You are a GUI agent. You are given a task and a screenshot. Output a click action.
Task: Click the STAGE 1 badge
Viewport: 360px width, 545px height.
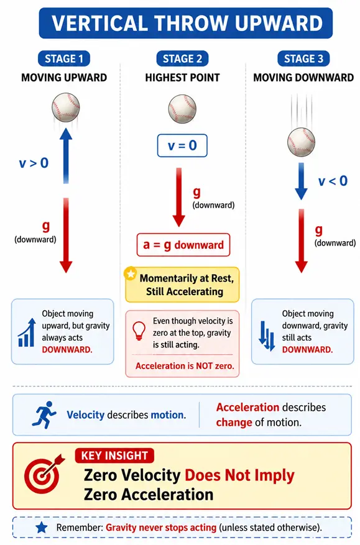(x=64, y=59)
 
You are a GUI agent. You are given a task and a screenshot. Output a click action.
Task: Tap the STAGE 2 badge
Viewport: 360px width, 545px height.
(x=182, y=59)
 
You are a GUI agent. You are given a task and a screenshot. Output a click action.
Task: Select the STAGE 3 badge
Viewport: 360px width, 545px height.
(x=303, y=59)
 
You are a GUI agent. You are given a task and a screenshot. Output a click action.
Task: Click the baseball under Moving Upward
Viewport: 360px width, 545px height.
(x=66, y=107)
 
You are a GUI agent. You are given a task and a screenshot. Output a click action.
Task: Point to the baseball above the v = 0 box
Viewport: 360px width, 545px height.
(x=182, y=109)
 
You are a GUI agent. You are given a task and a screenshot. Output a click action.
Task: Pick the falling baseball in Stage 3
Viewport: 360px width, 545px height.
(x=301, y=142)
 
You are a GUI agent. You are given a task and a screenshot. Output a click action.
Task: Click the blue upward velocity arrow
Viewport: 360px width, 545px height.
(x=66, y=155)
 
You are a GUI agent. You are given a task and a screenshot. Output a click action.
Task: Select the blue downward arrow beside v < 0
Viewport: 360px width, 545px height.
(x=301, y=181)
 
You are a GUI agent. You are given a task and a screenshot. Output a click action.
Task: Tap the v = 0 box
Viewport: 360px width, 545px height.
(x=182, y=145)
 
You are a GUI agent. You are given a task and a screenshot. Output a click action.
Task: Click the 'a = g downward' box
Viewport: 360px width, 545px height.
(x=183, y=245)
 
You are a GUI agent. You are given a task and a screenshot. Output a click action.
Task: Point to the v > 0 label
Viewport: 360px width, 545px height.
(x=34, y=163)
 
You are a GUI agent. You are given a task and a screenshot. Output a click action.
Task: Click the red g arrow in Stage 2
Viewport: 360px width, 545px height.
(x=179, y=197)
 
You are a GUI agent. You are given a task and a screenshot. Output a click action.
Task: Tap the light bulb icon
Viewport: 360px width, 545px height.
(x=139, y=331)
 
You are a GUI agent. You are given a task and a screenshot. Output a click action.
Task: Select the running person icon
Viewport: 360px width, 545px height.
(x=44, y=414)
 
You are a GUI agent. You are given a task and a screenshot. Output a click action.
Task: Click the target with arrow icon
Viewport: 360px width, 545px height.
(x=44, y=474)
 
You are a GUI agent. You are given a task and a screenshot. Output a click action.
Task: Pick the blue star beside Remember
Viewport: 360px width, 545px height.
(x=42, y=527)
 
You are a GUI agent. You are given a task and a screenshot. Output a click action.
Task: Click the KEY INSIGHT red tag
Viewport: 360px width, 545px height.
(x=114, y=456)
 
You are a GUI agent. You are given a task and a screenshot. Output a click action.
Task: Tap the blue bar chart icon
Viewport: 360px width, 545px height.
(x=27, y=332)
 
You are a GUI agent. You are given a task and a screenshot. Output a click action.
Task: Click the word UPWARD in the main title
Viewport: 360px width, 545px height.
(x=279, y=23)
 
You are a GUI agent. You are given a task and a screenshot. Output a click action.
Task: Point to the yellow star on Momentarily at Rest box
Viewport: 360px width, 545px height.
(x=131, y=274)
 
